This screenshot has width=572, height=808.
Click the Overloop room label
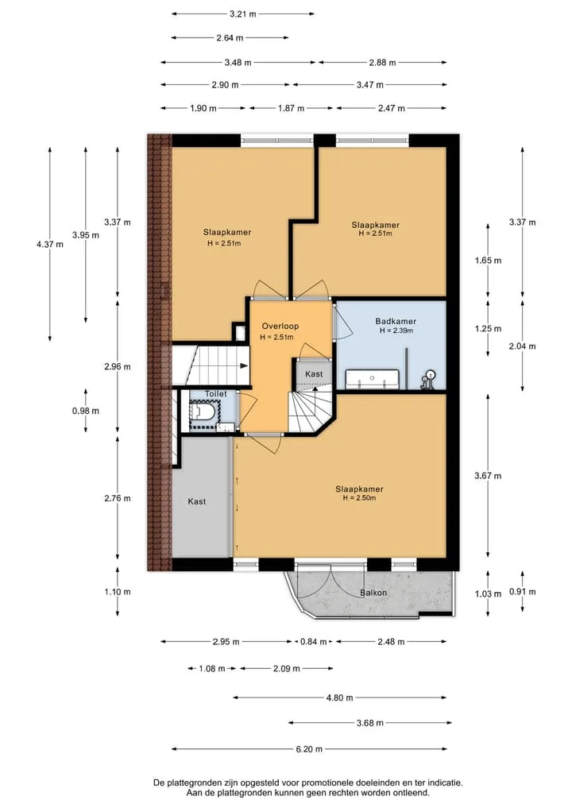280,327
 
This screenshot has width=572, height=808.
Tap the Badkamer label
396,322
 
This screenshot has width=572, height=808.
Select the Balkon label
373,593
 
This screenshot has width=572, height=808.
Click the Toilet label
216,394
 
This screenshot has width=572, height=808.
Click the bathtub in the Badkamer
372,379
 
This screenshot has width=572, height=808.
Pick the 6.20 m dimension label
309,748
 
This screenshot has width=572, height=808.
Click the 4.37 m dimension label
50,244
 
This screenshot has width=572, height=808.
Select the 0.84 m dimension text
314,642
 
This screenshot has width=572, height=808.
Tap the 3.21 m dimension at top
243,14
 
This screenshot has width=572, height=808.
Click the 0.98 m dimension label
86,411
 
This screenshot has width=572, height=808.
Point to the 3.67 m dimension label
488,476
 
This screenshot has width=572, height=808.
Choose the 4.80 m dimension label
339,698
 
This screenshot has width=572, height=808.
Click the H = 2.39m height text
396,331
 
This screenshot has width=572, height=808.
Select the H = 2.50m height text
359,498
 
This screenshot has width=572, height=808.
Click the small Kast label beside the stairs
314,374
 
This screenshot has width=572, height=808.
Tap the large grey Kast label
197,501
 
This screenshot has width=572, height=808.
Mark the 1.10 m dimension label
118,592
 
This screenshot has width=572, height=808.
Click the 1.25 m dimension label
488,328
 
